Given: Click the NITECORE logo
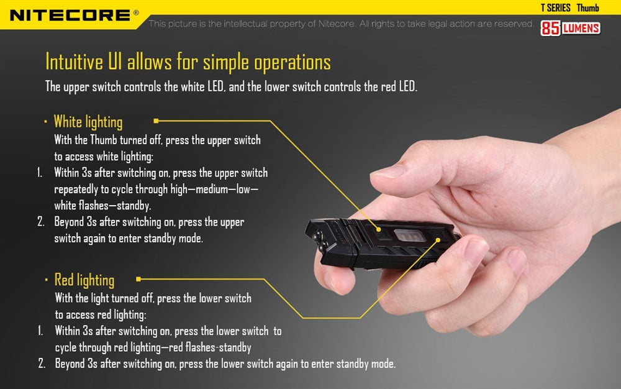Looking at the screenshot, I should click(70, 14).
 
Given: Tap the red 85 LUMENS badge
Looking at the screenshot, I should click(571, 28).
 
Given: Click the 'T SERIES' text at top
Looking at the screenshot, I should click(555, 7).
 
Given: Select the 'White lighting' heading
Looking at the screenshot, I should click(88, 121).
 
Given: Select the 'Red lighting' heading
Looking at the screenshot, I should click(84, 280).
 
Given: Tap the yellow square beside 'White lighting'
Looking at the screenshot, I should click(156, 121).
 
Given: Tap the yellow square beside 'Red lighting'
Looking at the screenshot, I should click(138, 280).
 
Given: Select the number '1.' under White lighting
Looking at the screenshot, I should click(40, 172).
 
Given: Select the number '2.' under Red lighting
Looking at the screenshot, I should click(42, 364).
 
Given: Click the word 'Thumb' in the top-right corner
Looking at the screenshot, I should click(587, 7).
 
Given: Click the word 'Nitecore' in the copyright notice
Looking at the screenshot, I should click(337, 24).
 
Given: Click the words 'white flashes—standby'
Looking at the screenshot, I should click(102, 204).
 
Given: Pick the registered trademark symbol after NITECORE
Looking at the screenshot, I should click(136, 12).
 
